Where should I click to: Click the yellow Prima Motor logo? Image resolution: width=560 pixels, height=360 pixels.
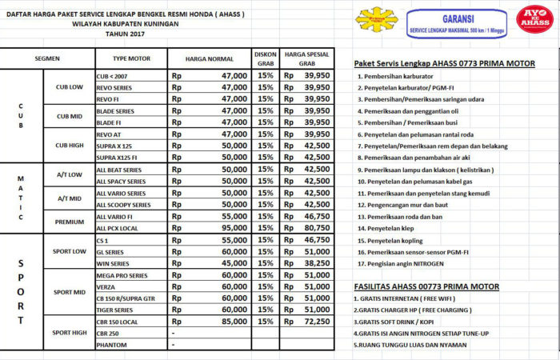(376, 21)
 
